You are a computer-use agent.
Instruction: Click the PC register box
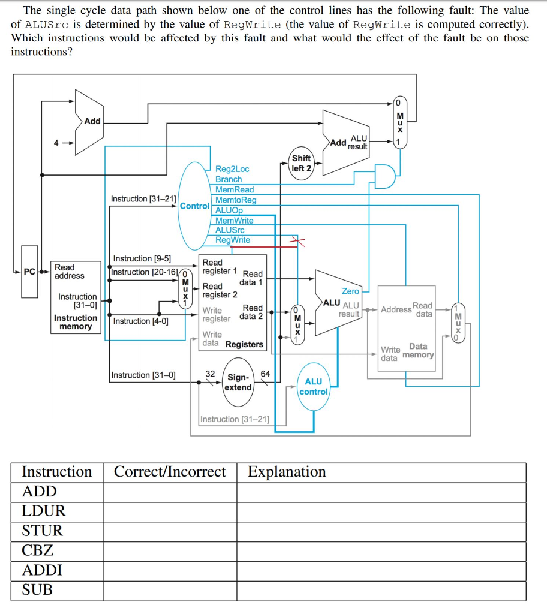pos(29,272)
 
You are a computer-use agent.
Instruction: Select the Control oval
pos(194,206)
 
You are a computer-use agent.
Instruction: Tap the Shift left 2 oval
pos(301,163)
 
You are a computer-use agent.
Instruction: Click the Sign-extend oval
pos(238,382)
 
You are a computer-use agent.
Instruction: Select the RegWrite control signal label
pos(233,240)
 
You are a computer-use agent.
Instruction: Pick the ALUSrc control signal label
pos(230,230)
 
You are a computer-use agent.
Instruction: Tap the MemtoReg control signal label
pos(235,200)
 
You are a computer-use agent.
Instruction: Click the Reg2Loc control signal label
pos(232,169)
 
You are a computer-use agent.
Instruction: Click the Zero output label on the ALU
pos(350,291)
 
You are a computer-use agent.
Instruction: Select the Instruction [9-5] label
pos(142,258)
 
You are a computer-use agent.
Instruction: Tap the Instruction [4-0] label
pos(140,321)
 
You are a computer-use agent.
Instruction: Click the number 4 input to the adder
pos(56,143)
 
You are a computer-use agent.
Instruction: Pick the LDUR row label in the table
pos(43,511)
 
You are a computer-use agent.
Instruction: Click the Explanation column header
pos(287,472)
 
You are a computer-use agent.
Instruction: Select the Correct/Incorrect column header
pos(170,472)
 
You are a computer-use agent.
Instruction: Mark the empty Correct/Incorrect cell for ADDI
pos(170,570)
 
